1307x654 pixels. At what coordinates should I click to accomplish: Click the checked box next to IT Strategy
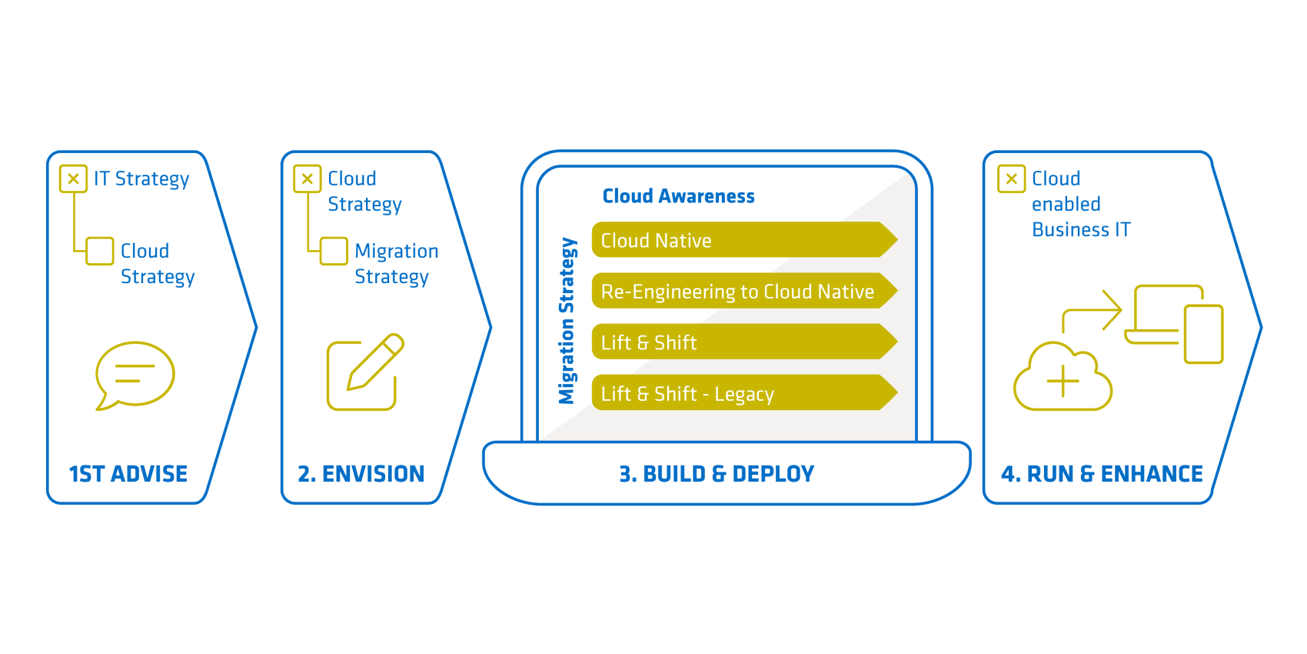pyautogui.click(x=73, y=179)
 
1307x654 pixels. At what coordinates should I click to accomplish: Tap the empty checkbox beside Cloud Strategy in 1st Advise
pyautogui.click(x=100, y=251)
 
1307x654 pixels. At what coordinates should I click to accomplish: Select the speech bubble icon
pyautogui.click(x=135, y=375)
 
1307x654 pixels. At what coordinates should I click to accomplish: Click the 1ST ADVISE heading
pyautogui.click(x=128, y=474)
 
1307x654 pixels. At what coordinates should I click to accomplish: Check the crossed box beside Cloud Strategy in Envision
pyautogui.click(x=307, y=179)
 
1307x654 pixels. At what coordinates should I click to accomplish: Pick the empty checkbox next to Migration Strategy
pyautogui.click(x=334, y=251)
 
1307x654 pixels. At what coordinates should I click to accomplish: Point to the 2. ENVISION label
pyautogui.click(x=361, y=474)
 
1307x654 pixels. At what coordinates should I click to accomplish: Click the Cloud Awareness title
pyautogui.click(x=678, y=197)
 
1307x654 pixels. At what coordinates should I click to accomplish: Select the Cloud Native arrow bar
pyautogui.click(x=742, y=240)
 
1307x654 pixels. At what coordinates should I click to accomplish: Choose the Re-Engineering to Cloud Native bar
pyautogui.click(x=742, y=292)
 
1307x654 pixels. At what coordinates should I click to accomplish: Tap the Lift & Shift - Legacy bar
pyautogui.click(x=742, y=393)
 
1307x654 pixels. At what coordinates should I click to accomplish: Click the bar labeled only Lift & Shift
pyautogui.click(x=742, y=342)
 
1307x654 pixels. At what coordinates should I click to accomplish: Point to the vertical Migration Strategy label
pyautogui.click(x=567, y=320)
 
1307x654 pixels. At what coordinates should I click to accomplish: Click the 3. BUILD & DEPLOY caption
pyautogui.click(x=717, y=474)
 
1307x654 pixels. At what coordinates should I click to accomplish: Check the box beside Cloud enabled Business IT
pyautogui.click(x=1011, y=179)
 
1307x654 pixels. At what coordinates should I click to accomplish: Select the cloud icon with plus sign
pyautogui.click(x=1063, y=379)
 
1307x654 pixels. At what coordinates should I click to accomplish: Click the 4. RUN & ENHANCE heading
pyautogui.click(x=1102, y=474)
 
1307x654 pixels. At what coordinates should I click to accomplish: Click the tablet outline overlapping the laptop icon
pyautogui.click(x=1203, y=334)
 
